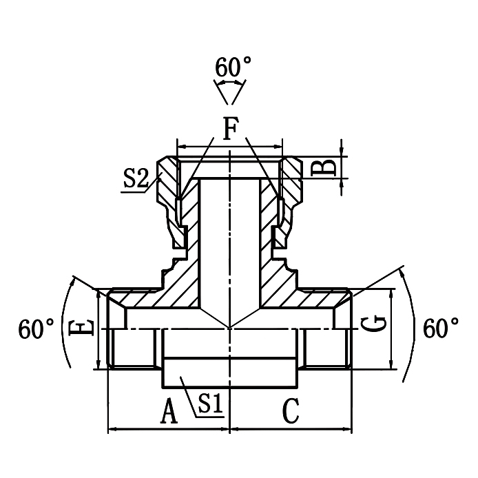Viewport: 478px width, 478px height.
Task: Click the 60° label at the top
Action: coord(233,67)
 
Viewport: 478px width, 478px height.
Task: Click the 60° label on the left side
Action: coord(37,329)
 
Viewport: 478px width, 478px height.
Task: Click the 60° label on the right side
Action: coord(441,329)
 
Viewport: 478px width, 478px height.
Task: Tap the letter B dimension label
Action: coord(328,167)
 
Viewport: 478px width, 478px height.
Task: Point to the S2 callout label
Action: coord(136,180)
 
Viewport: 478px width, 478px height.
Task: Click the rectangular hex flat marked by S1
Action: coord(231,372)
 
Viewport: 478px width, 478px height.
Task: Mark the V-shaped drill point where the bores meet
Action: coord(230,321)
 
